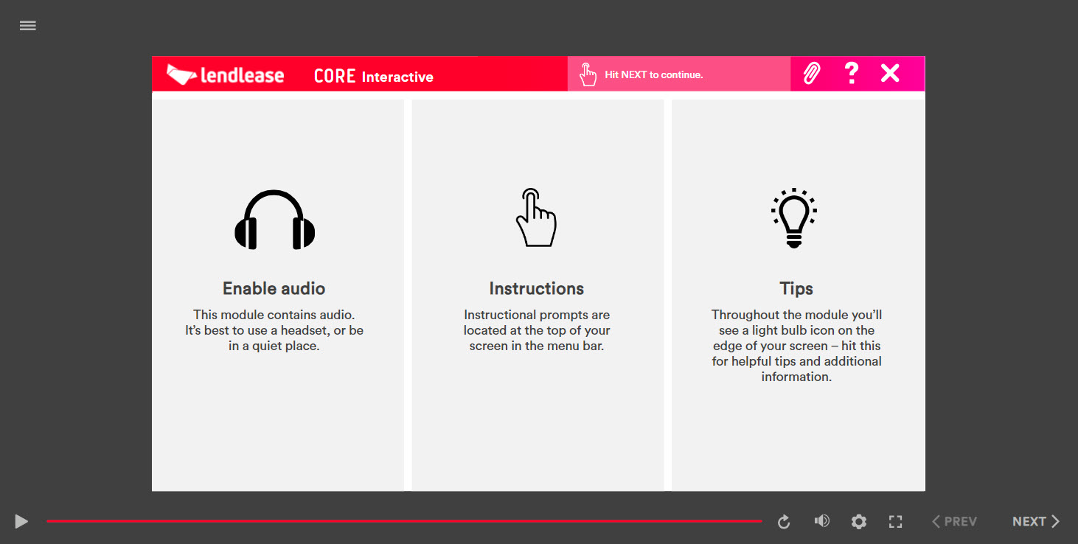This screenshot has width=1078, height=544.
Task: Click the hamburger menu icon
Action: (27, 26)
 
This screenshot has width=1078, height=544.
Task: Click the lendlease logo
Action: (225, 75)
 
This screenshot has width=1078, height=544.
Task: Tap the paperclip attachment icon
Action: (811, 74)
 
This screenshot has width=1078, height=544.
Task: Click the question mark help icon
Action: (852, 74)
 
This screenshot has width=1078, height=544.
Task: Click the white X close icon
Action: (890, 74)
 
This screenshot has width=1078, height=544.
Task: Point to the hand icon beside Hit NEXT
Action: (588, 74)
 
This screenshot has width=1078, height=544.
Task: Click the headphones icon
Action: (274, 220)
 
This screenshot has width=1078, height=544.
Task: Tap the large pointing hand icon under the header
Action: (536, 217)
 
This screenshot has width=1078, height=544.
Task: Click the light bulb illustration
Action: (794, 218)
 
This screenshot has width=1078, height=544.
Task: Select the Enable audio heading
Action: (274, 288)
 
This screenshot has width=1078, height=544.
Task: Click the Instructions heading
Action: (537, 288)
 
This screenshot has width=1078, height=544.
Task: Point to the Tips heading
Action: (796, 289)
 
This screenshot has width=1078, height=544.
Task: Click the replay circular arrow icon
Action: (784, 521)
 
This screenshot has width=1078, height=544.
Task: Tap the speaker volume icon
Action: (821, 521)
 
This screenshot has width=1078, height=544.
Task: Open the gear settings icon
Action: (858, 521)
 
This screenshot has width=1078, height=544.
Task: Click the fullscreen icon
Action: (896, 521)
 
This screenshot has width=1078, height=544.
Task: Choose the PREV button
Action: (954, 521)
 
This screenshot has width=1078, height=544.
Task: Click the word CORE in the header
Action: (335, 76)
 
